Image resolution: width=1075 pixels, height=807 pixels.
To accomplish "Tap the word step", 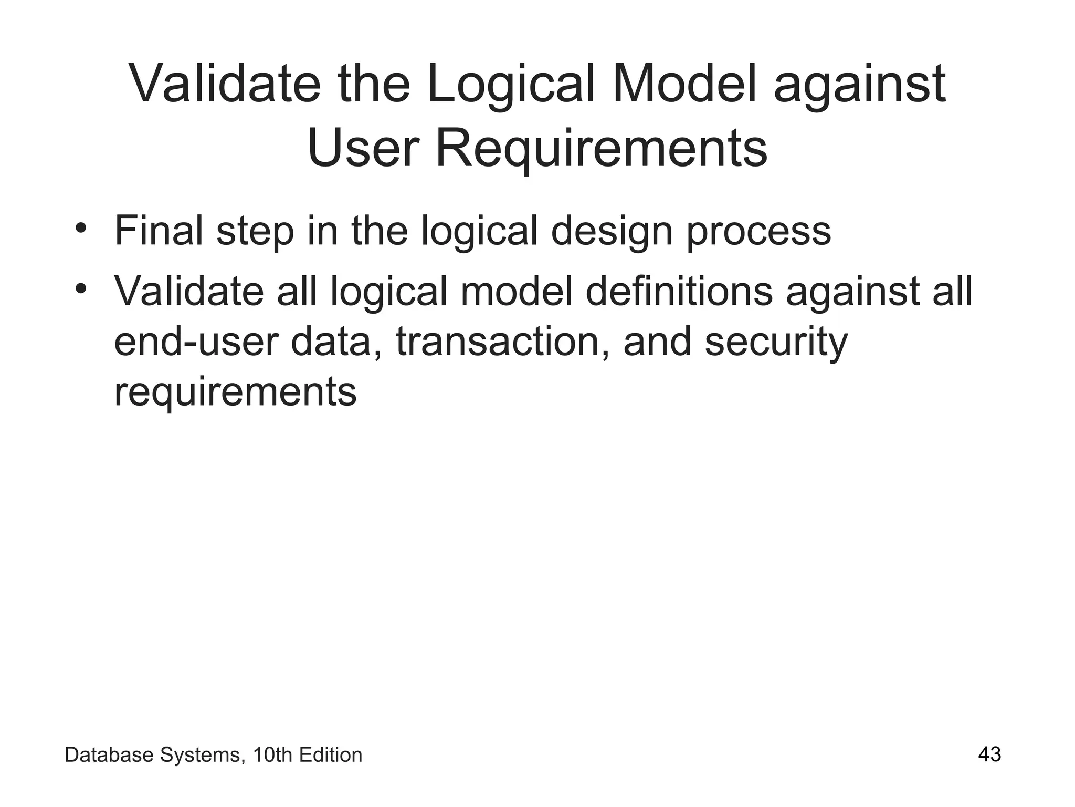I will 255,232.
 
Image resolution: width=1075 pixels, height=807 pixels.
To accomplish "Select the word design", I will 611,232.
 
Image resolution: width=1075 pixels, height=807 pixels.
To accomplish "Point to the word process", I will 758,232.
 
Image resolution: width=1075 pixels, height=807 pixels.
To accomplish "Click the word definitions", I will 679,292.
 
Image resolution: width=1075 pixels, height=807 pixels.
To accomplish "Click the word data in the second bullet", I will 336,342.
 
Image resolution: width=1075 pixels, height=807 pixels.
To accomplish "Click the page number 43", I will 989,754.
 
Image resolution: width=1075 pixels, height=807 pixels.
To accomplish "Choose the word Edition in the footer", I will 330,755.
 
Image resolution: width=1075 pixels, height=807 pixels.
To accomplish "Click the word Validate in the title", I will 225,84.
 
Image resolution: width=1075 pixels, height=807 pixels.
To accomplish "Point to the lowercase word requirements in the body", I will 235,392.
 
